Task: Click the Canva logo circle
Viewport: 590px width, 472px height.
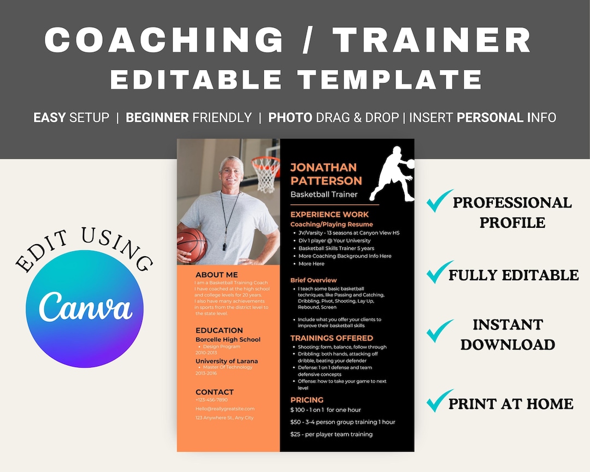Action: pos(84,310)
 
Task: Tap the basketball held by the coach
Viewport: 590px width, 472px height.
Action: pos(192,244)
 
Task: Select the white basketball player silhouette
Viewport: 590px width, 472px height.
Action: pos(392,173)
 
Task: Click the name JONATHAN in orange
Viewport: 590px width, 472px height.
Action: pos(323,167)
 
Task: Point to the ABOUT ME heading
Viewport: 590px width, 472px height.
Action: pos(217,275)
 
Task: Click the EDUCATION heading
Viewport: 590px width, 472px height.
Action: pos(219,330)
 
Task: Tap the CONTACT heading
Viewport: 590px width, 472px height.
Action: pos(215,392)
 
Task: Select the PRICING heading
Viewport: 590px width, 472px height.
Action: pos(307,399)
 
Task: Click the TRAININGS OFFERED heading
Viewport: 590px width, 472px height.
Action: pos(332,338)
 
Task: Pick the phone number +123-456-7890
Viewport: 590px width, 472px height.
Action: pos(211,400)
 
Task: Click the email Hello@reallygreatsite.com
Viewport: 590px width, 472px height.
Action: pos(225,409)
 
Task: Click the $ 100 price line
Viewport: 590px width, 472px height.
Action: pos(326,410)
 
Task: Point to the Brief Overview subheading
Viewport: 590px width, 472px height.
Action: pos(314,280)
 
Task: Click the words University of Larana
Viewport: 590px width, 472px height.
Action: pos(227,361)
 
